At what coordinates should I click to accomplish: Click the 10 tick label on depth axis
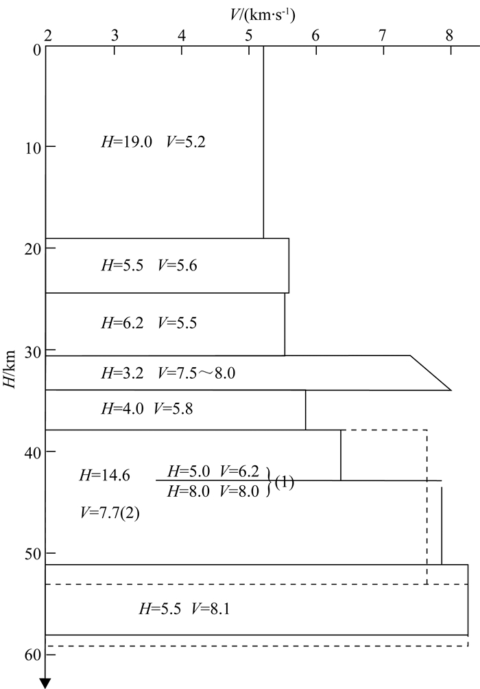click(28, 148)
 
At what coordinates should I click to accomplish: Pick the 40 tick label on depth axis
click(28, 452)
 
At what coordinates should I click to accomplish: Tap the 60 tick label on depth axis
click(28, 655)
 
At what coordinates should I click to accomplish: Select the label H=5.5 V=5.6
click(149, 266)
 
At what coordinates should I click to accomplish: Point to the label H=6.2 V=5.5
click(149, 323)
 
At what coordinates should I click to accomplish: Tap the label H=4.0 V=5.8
click(147, 409)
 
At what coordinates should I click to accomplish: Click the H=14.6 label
click(105, 474)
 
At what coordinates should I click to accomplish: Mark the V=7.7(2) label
click(110, 512)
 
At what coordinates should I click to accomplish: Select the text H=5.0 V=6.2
click(213, 471)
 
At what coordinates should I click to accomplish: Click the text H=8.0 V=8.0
click(213, 490)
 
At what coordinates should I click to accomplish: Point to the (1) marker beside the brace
click(284, 482)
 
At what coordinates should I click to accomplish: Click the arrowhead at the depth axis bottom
click(46, 681)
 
